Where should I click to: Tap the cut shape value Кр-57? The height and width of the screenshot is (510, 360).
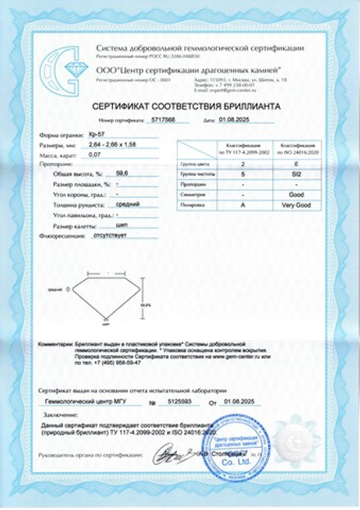coord(96,133)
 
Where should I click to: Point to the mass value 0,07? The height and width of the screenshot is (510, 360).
coord(92,153)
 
